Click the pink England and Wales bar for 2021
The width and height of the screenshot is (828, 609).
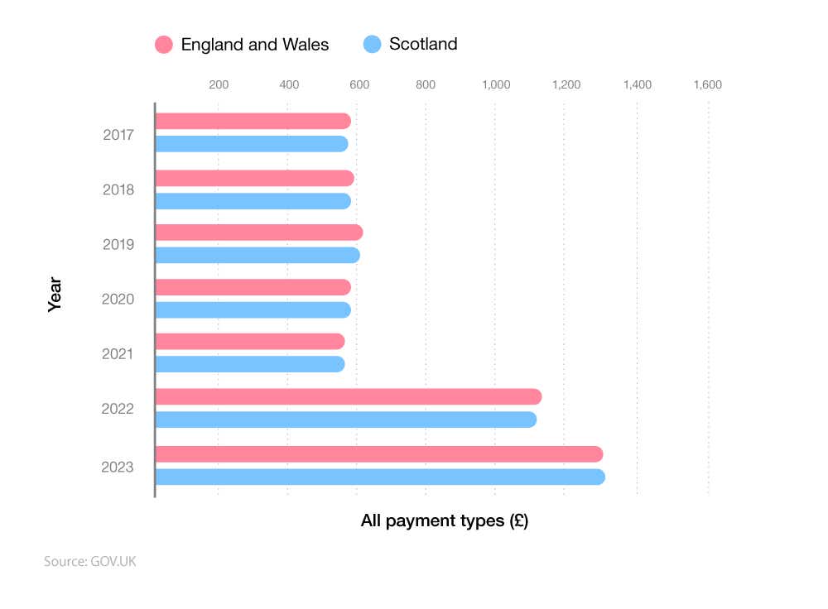249,342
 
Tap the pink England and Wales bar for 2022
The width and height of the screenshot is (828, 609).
348,397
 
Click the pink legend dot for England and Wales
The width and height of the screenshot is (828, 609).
164,45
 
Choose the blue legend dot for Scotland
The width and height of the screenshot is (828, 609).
373,45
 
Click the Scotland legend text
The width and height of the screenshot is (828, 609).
422,45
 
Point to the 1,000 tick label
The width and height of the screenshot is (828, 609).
495,84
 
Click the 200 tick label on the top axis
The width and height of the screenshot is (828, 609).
219,84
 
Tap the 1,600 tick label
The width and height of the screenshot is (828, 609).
707,84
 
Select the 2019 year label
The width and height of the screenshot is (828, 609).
118,244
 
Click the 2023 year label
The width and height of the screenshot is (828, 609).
118,467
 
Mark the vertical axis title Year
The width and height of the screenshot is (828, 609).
55,299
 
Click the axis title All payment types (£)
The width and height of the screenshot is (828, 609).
444,521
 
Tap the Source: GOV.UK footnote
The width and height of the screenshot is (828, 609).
89,562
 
